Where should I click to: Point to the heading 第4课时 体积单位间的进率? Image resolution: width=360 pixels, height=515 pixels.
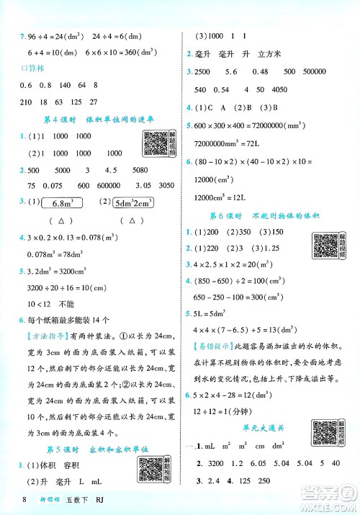pos(91,120)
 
